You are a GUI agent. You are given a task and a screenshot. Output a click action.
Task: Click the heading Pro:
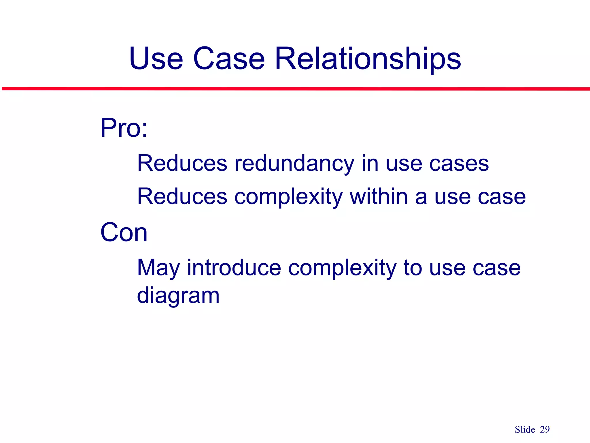(x=124, y=128)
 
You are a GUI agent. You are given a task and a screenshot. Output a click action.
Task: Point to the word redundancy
(x=294, y=164)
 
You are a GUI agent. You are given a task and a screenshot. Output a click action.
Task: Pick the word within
(x=379, y=196)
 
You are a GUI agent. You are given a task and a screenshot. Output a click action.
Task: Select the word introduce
(x=234, y=268)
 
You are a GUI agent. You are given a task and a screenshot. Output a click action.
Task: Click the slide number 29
(x=545, y=429)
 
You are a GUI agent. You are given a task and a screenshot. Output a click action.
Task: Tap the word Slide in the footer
(x=525, y=429)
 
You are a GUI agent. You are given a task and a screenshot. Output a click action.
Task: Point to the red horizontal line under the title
(x=295, y=89)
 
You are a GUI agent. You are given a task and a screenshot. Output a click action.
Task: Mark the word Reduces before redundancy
(x=182, y=163)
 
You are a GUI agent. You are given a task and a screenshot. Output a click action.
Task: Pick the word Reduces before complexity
(x=182, y=196)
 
